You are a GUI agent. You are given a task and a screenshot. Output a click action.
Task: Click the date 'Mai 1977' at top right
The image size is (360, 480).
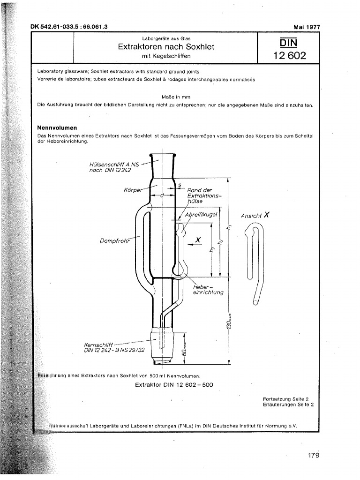[307, 27]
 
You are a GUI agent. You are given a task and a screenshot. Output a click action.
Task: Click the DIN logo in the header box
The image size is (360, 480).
[289, 44]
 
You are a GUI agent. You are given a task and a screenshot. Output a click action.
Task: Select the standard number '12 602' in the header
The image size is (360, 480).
[289, 56]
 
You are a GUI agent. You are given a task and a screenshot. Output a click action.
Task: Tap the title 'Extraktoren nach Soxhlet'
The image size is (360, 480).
[166, 47]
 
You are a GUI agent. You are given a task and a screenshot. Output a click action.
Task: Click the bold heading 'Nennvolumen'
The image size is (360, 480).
[57, 127]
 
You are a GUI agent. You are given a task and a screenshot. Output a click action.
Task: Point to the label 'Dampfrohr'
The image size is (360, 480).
[114, 241]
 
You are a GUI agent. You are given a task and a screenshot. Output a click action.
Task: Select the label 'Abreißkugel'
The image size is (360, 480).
[202, 214]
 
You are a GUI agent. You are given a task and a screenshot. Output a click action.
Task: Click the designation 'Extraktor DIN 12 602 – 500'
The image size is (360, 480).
[173, 385]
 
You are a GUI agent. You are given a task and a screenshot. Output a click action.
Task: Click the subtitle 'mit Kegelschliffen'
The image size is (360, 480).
[166, 56]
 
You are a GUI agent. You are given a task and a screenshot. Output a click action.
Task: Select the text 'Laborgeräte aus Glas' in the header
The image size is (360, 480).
[166, 38]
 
